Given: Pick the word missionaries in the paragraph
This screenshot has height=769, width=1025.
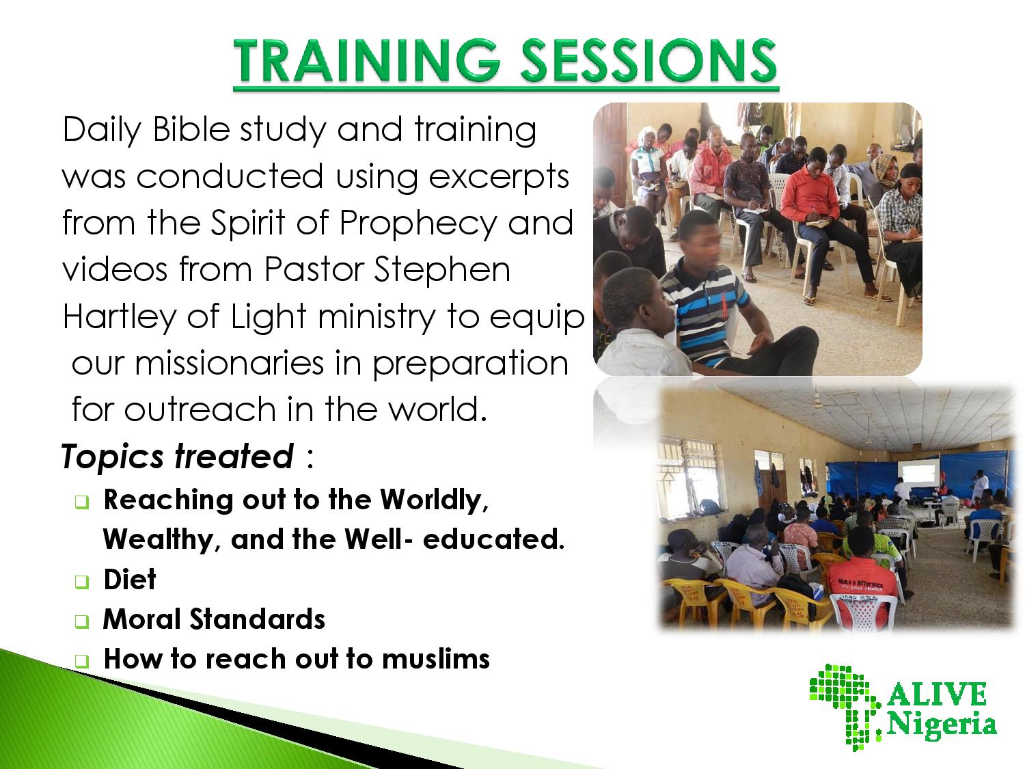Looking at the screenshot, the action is (x=229, y=363).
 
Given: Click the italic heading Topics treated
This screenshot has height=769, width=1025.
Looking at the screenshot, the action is (x=178, y=456).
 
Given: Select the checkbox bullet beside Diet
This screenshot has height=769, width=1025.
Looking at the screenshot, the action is (x=81, y=582).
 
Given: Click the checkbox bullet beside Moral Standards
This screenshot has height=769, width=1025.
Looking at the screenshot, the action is (x=81, y=621).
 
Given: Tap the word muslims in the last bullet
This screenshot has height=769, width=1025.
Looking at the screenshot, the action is (x=436, y=659).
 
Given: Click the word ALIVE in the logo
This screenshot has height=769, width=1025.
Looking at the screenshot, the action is (x=936, y=695).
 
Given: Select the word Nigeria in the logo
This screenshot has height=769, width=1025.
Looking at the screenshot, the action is (x=942, y=725).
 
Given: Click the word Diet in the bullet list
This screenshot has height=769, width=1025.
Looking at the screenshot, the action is (x=130, y=580).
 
